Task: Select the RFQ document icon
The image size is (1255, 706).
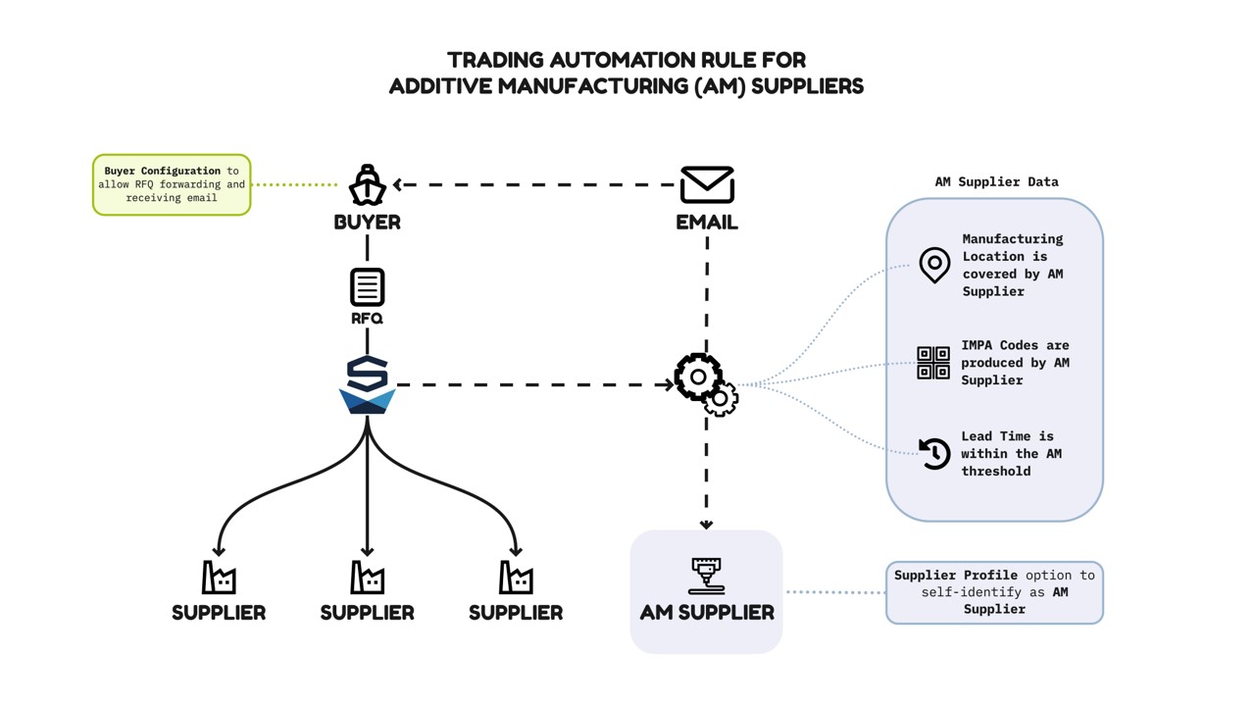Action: (367, 287)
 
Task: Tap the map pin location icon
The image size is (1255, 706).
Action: (934, 265)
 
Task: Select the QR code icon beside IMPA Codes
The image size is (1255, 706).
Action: (932, 363)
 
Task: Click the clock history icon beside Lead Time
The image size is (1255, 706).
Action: (934, 453)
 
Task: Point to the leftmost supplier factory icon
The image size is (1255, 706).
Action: (219, 578)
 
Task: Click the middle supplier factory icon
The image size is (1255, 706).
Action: (367, 578)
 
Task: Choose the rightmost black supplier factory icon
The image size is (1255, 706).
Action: (516, 578)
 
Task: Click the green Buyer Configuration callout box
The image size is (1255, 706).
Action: (172, 184)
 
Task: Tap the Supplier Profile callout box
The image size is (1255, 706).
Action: (994, 592)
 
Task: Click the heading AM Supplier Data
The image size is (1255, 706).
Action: (996, 181)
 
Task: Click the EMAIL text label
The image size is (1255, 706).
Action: (707, 223)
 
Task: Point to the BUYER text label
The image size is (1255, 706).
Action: (367, 223)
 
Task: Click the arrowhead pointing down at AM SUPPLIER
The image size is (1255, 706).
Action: (706, 525)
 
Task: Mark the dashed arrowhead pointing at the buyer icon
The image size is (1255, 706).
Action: (398, 184)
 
